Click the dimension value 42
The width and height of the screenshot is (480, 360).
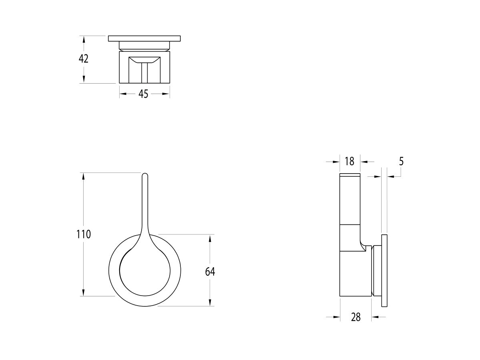coord(84,59)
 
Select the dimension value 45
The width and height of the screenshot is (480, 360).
coord(143,94)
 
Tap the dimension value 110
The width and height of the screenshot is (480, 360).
coord(84,234)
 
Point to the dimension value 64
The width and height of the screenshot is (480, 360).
coord(210,272)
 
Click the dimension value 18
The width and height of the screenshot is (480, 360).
coord(349,161)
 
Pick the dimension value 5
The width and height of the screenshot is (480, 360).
coord(401,161)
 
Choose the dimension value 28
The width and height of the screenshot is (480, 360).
coord(356,317)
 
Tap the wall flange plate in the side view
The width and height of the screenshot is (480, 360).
coord(384,271)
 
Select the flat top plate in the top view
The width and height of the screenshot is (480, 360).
coord(145,38)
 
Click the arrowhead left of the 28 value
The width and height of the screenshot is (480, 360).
coord(337,317)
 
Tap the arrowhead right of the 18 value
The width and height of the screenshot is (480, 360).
coord(364,162)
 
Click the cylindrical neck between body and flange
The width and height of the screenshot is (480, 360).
coord(376,271)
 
